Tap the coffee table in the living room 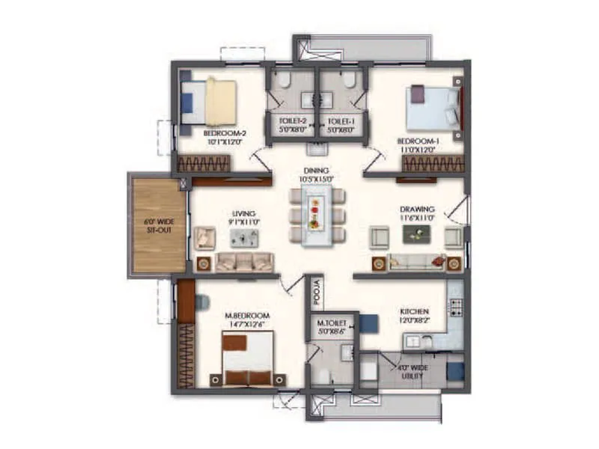click(245, 238)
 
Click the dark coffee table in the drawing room click(416, 234)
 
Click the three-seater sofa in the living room click(244, 262)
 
